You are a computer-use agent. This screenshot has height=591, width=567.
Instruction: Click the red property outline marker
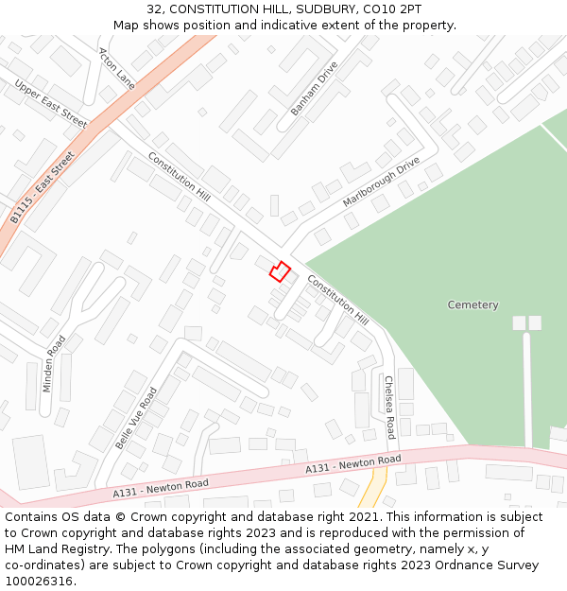pyautogui.click(x=280, y=271)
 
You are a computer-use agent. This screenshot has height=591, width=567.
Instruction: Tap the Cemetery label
pyautogui.click(x=472, y=304)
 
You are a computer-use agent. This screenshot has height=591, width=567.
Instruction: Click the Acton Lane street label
pyautogui.click(x=117, y=68)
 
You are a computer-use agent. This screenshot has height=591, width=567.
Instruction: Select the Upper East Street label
pyautogui.click(x=50, y=104)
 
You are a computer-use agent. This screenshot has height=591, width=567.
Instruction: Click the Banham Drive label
pyautogui.click(x=314, y=89)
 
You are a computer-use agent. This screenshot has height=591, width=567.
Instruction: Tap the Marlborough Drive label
pyautogui.click(x=381, y=182)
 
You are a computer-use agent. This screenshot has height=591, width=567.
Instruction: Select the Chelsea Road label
pyautogui.click(x=389, y=408)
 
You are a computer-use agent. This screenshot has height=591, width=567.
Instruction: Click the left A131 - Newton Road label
pyautogui.click(x=161, y=487)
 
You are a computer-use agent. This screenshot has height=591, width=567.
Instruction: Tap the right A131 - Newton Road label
pyautogui.click(x=352, y=464)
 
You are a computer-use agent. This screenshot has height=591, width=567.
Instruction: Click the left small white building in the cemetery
pyautogui.click(x=519, y=322)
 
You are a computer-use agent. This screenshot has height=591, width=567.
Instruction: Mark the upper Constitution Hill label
pyautogui.click(x=179, y=177)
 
